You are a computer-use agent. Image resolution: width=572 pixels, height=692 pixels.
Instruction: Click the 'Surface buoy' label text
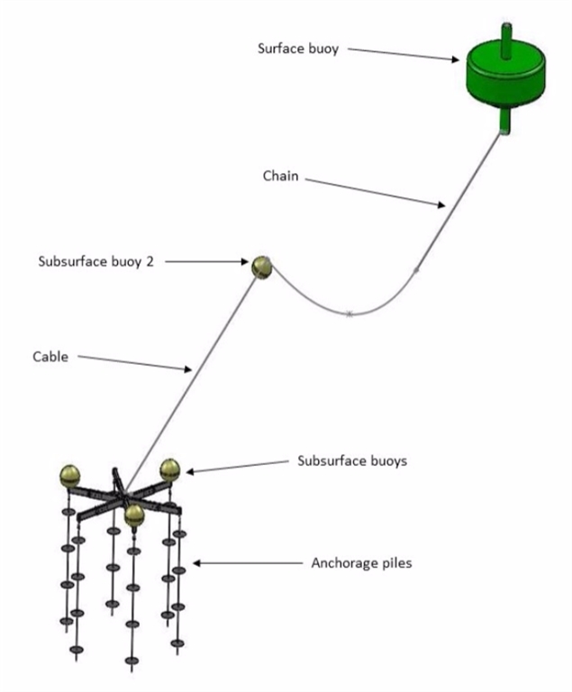pyautogui.click(x=298, y=49)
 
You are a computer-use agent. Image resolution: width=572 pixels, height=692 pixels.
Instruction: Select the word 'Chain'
pyautogui.click(x=281, y=176)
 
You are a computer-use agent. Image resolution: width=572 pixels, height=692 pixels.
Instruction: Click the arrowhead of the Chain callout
pyautogui.click(x=441, y=205)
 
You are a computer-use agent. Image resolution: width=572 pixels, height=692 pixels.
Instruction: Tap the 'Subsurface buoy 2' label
pyautogui.click(x=95, y=261)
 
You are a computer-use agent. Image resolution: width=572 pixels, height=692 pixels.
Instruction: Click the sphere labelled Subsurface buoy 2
pyautogui.click(x=262, y=267)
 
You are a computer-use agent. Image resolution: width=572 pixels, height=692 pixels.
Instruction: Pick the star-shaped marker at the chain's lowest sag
pyautogui.click(x=350, y=314)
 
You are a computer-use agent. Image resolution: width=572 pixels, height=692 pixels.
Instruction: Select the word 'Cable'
pyautogui.click(x=50, y=357)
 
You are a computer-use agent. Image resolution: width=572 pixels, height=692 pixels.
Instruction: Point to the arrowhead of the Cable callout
pyautogui.click(x=188, y=369)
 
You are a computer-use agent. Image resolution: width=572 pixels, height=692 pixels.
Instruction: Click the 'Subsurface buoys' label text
pyautogui.click(x=352, y=460)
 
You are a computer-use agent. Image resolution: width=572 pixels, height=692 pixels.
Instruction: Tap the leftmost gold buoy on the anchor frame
pyautogui.click(x=70, y=476)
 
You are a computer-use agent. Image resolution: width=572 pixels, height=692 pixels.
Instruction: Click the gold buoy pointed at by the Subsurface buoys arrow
pyautogui.click(x=170, y=470)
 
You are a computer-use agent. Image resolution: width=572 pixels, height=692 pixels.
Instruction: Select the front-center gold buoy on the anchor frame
pyautogui.click(x=134, y=516)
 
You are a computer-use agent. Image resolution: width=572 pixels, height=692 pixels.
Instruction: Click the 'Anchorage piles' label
pyautogui.click(x=361, y=563)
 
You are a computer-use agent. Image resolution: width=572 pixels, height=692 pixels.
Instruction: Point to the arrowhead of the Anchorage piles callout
pyautogui.click(x=197, y=563)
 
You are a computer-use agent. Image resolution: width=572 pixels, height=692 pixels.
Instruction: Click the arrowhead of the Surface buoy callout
pyautogui.click(x=455, y=59)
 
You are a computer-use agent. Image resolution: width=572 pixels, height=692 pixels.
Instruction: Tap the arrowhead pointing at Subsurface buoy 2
pyautogui.click(x=244, y=261)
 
